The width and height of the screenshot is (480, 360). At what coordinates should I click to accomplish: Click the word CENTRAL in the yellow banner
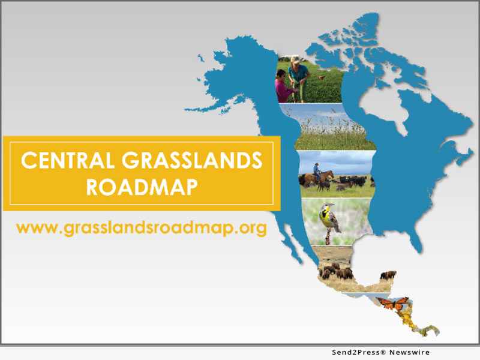[x=68, y=160]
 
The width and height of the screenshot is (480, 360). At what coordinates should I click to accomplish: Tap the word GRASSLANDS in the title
[x=192, y=160]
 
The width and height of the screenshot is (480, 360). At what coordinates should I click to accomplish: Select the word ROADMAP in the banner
[x=142, y=187]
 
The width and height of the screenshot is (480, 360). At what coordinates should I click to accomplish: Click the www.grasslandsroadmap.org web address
[x=142, y=228]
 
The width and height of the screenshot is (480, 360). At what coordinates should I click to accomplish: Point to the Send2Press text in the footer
[x=356, y=352]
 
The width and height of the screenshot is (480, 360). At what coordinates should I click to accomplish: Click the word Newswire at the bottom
[x=409, y=352]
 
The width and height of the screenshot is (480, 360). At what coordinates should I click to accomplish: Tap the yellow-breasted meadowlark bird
[x=329, y=218]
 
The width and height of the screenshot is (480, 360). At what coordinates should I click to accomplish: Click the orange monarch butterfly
[x=392, y=303]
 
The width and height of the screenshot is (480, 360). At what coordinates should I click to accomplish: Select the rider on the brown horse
[x=317, y=172]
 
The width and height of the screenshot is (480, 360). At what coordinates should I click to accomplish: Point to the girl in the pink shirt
[x=284, y=86]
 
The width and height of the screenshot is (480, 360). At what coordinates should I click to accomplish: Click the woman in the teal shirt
[x=298, y=80]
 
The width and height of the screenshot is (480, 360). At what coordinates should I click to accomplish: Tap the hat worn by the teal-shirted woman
[x=295, y=59]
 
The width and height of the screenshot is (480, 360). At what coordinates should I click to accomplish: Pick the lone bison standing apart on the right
[x=388, y=275]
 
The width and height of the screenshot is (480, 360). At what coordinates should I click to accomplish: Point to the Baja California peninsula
[x=292, y=242]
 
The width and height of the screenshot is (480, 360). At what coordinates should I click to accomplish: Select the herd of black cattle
[x=352, y=181]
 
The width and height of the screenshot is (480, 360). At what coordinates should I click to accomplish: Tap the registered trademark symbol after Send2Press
[x=383, y=352]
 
